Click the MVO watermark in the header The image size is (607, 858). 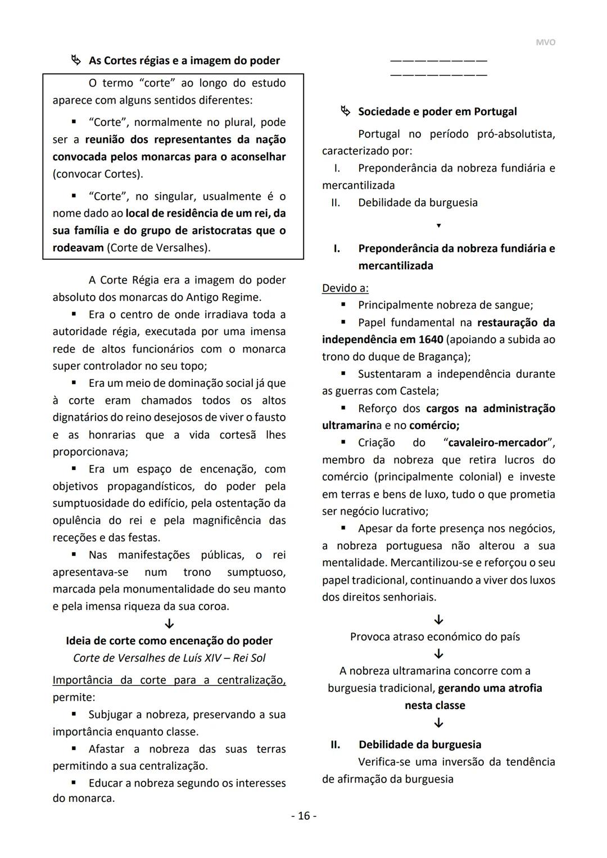(545, 43)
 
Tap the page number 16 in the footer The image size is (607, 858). (303, 816)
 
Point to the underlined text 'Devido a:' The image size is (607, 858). (345, 288)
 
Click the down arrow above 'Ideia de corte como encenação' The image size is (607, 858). (169, 624)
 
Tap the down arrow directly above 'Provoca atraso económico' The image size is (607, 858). (439, 620)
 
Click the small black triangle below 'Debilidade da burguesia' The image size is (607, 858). (439, 225)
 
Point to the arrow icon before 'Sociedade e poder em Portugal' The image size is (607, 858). (345, 111)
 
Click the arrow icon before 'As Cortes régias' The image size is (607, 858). (76, 60)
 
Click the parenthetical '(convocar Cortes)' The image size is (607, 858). (98, 174)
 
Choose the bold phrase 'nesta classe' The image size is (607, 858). (434, 705)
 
